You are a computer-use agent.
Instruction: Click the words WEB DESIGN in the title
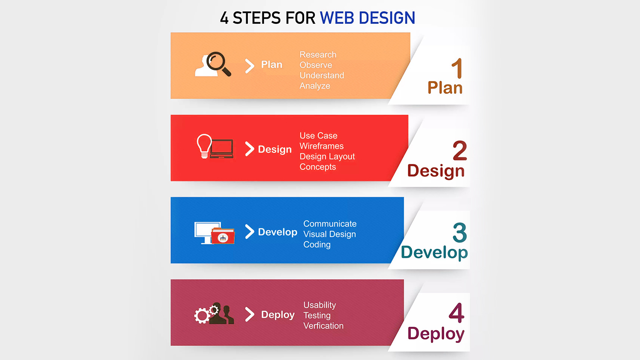coord(367,18)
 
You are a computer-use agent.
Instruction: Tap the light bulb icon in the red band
coord(204,145)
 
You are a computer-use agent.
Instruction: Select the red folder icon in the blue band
coord(223,236)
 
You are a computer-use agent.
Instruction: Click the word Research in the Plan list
coord(318,55)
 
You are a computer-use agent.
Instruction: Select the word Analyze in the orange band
coord(315,86)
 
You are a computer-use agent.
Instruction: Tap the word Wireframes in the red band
coord(321,146)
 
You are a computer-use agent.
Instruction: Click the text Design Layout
coord(327,157)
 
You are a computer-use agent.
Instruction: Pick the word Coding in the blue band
coord(317,244)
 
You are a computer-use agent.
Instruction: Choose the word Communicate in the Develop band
coord(330,224)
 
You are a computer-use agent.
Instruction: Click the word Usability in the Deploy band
coord(320,305)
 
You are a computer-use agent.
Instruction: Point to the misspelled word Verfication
coord(323,326)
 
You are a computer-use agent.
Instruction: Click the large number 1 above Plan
coord(457,69)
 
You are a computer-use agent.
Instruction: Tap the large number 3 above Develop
coord(460,233)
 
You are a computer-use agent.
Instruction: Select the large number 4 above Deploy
coord(456,314)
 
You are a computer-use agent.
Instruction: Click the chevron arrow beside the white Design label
coord(250,149)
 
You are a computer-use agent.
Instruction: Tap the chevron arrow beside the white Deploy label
coord(250,314)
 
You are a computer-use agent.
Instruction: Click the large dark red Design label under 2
coord(436,171)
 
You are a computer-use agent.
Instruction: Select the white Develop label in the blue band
coord(277,232)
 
